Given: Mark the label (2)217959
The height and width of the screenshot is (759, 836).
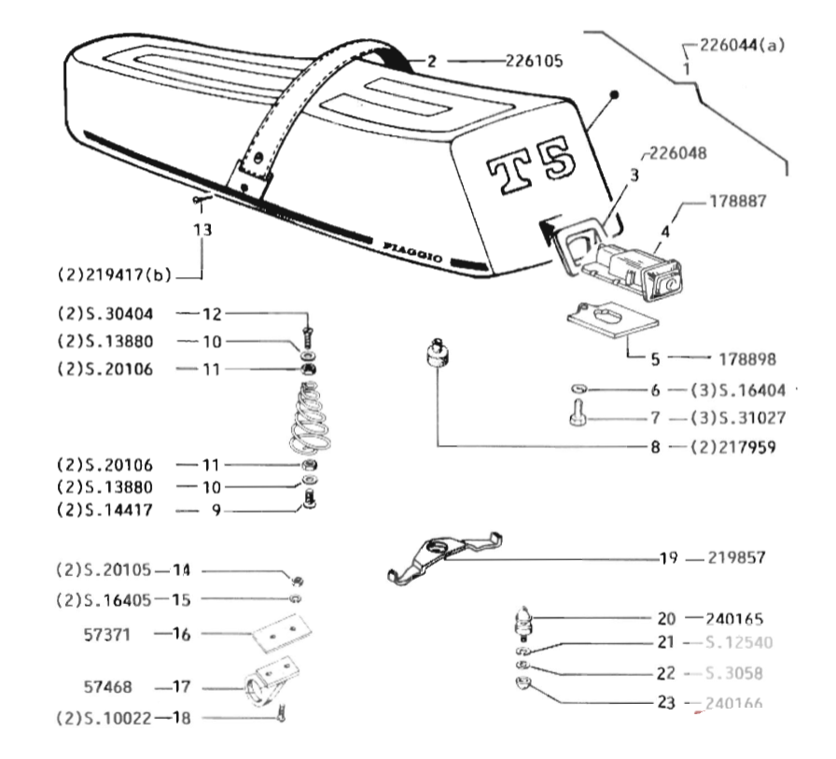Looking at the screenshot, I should tap(734, 447).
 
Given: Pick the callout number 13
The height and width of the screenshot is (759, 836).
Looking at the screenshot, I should tap(202, 229).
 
